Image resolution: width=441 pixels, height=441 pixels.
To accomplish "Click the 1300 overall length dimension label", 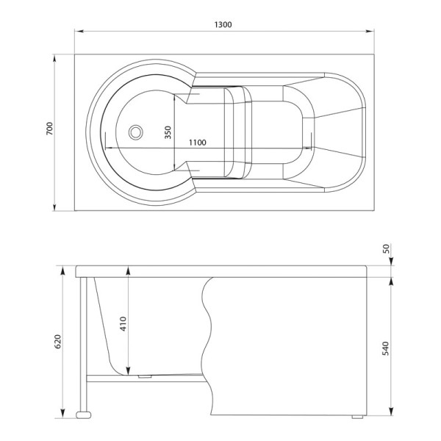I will click(x=224, y=24).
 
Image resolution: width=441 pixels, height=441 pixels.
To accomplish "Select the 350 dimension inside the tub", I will click(x=168, y=132).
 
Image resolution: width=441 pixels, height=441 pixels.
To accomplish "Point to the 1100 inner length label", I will click(x=196, y=143).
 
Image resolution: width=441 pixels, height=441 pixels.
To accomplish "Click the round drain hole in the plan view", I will click(x=135, y=133).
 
